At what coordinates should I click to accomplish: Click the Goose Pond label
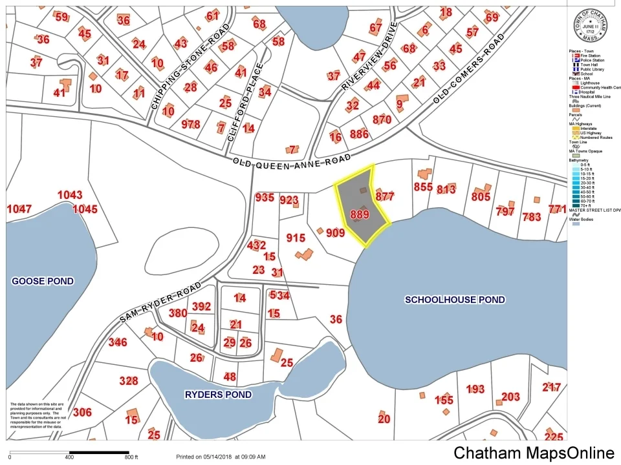[43, 281]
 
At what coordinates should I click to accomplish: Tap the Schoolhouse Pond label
[455, 300]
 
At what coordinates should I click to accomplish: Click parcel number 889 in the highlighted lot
[359, 214]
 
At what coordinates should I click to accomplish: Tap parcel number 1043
[70, 195]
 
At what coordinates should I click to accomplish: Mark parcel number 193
[475, 389]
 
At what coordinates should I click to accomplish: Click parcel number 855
[423, 187]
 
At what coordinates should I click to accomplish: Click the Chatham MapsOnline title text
[534, 453]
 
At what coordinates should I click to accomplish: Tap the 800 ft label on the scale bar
[132, 457]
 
